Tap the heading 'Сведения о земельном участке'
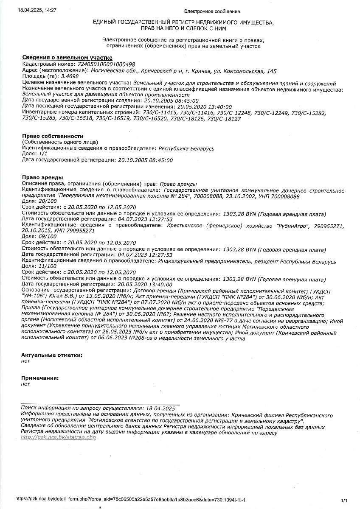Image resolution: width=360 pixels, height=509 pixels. coord(67,58)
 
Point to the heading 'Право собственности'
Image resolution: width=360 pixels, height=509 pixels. coord(50,136)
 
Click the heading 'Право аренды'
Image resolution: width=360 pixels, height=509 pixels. coord(42,177)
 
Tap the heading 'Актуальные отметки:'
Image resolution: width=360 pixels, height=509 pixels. coord(52,355)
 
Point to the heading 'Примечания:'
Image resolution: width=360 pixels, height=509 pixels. coord(40,378)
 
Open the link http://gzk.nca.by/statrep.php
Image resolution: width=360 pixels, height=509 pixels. coord(58,438)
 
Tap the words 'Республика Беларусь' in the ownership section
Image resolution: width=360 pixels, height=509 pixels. coord(186,148)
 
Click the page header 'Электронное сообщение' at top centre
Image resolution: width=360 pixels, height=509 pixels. coord(212,11)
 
